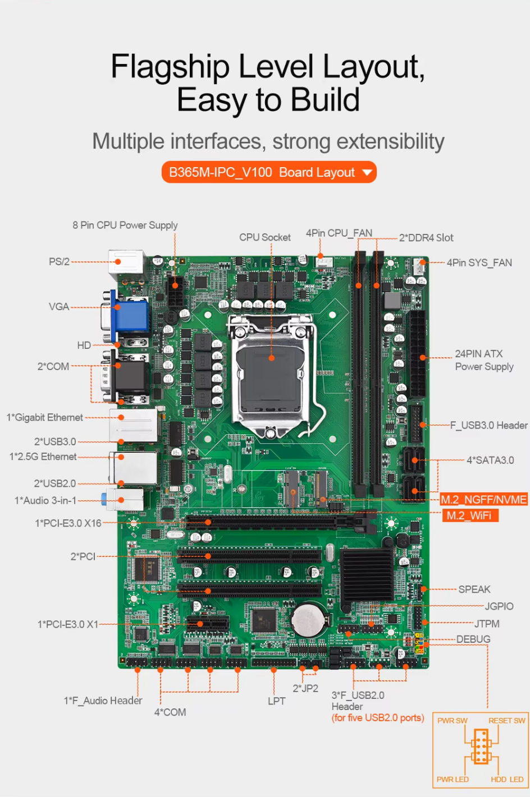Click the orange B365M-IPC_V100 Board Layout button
pyautogui.click(x=269, y=172)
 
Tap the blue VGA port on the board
pyautogui.click(x=131, y=316)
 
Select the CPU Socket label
pyautogui.click(x=264, y=237)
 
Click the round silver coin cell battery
pyautogui.click(x=308, y=620)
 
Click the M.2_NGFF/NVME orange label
pyautogui.click(x=483, y=499)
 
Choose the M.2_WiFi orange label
pyautogui.click(x=469, y=515)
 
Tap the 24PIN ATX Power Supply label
pyautogui.click(x=483, y=360)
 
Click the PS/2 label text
pyautogui.click(x=59, y=261)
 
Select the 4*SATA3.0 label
pyautogui.click(x=490, y=460)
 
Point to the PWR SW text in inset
pyautogui.click(x=452, y=721)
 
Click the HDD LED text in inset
pyautogui.click(x=506, y=779)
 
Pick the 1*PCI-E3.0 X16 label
pyautogui.click(x=68, y=523)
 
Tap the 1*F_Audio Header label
pyautogui.click(x=103, y=700)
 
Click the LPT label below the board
pyautogui.click(x=276, y=701)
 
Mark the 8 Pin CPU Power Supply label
pyautogui.click(x=125, y=225)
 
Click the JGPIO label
pyautogui.click(x=499, y=606)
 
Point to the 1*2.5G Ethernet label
pyautogui.click(x=43, y=457)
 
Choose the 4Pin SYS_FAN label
pyautogui.click(x=479, y=262)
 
